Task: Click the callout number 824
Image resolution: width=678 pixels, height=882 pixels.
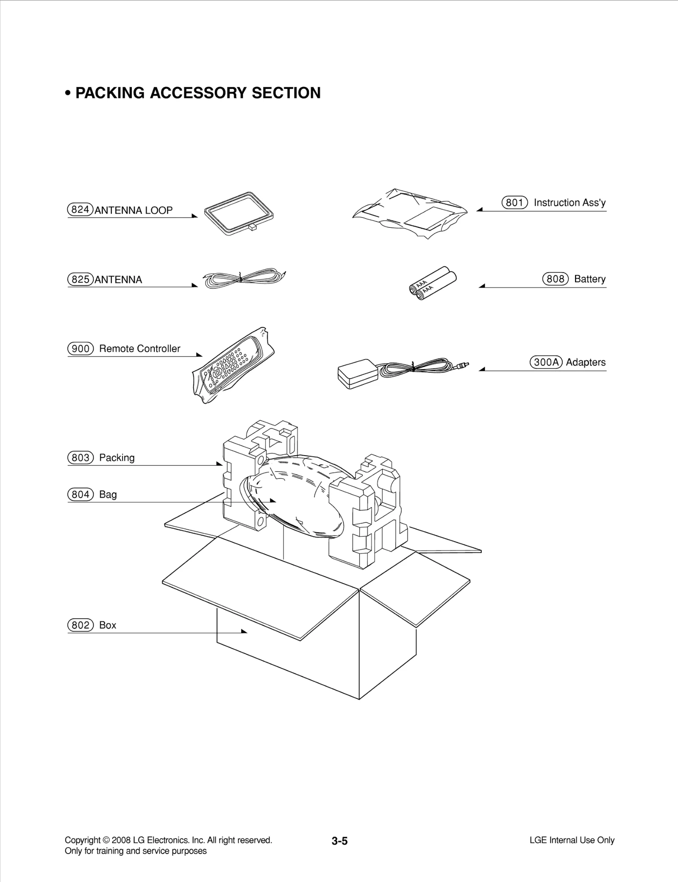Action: tap(80, 210)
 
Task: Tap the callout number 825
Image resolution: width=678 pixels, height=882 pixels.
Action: tap(80, 279)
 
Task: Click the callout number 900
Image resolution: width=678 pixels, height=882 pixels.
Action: tap(80, 348)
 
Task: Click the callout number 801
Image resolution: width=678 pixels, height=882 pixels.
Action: tap(514, 202)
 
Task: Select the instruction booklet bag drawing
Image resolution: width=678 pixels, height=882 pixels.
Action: tap(410, 213)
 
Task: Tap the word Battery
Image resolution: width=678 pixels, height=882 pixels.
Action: tap(589, 279)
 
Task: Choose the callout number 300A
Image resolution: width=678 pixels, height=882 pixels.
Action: tap(546, 362)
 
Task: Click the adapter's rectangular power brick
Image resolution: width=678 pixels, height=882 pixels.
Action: tap(357, 374)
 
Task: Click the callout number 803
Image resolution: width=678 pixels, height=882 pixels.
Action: tap(80, 458)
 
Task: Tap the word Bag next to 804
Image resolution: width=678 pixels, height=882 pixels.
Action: tap(108, 495)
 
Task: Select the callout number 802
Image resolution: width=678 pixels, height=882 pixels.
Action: tap(80, 625)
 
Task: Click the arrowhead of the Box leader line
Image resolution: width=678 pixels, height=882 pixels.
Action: tap(244, 631)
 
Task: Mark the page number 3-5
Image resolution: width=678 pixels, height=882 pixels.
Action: tap(339, 841)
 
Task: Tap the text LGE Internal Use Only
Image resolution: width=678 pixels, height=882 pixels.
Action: tap(572, 840)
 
